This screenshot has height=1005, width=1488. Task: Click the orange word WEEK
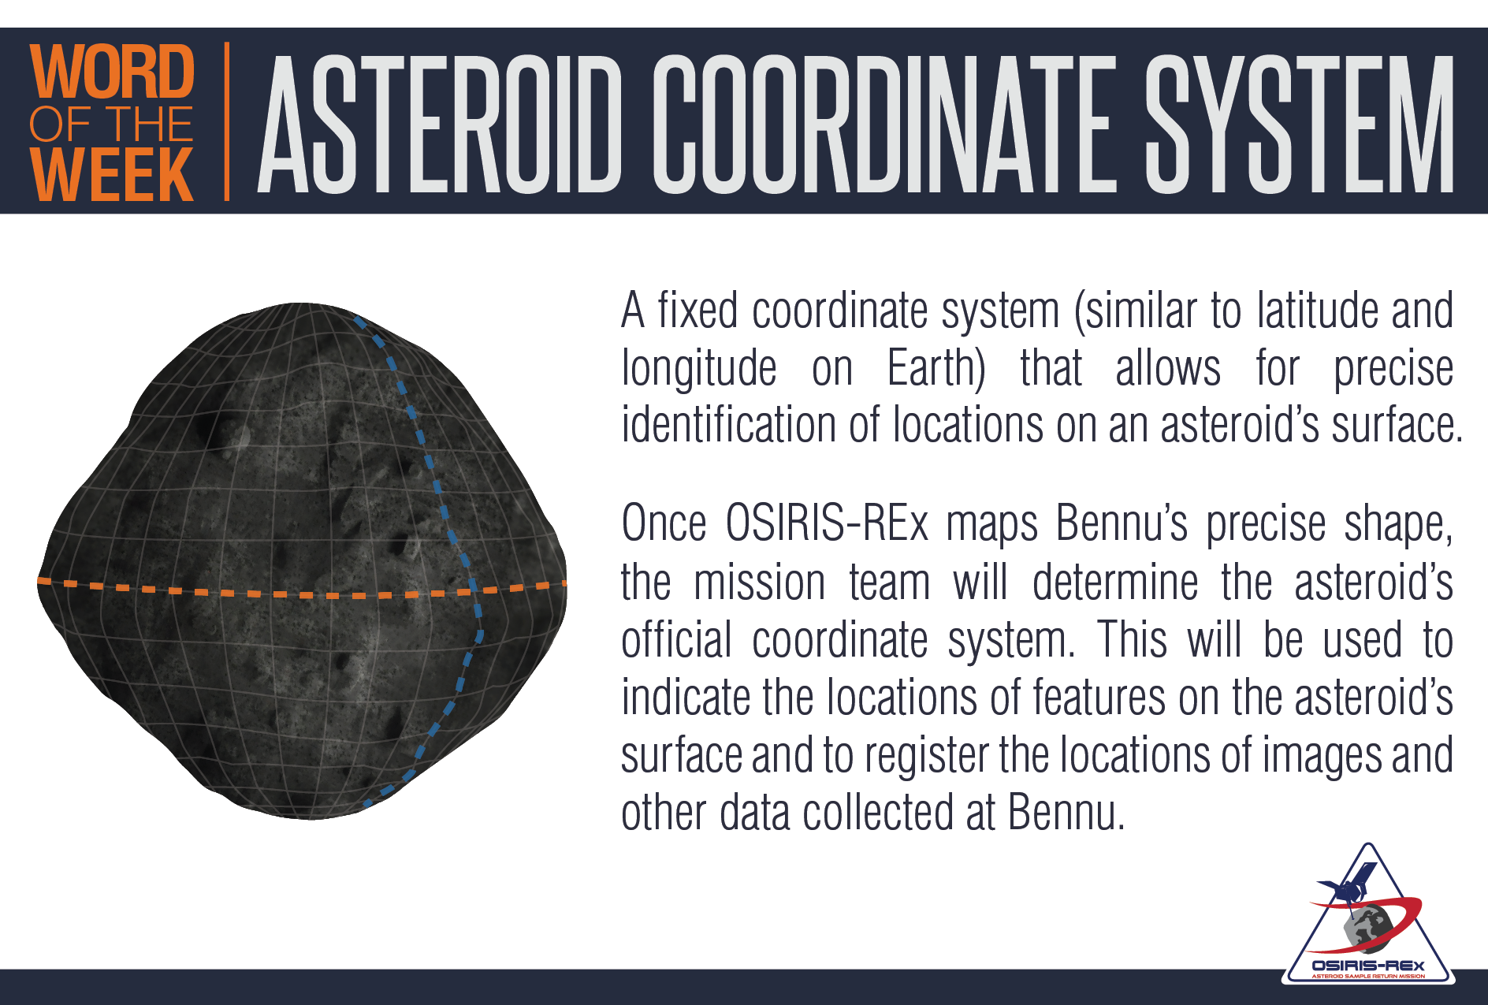(111, 174)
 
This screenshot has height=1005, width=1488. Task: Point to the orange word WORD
(111, 72)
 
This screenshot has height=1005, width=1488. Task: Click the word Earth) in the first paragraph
(936, 368)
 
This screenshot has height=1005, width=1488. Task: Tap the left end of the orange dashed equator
(39, 581)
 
